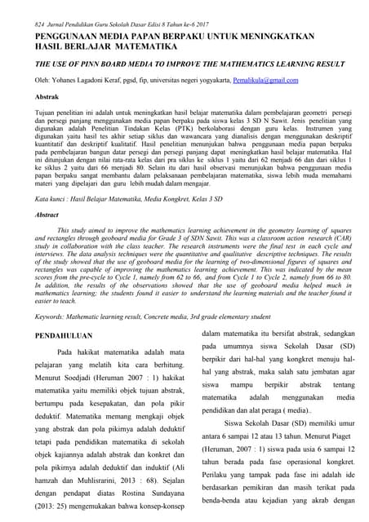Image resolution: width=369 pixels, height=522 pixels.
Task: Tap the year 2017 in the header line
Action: coord(205,6)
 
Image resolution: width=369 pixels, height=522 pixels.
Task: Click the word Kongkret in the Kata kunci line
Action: coord(166,198)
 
